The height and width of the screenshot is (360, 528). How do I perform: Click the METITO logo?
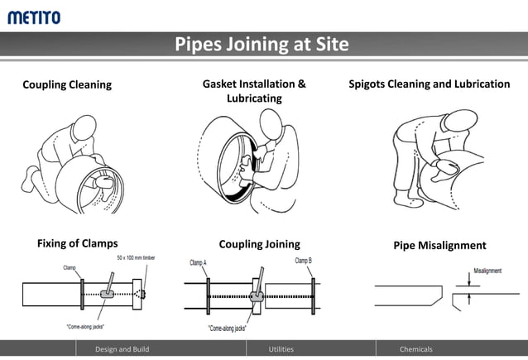tap(34, 16)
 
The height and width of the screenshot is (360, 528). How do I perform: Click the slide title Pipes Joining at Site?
tap(262, 44)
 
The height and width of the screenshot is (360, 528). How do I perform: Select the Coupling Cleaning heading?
tap(67, 84)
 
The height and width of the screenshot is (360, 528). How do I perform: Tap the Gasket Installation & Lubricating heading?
tap(254, 91)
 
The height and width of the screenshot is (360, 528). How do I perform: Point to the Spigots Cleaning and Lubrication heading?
tap(429, 84)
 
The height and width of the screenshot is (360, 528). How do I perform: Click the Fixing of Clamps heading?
tap(78, 243)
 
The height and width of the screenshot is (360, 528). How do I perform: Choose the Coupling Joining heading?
tap(259, 244)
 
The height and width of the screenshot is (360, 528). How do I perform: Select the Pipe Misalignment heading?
tap(439, 245)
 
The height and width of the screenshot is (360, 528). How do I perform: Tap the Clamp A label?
tap(198, 262)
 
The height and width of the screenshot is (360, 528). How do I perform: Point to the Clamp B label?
tap(304, 261)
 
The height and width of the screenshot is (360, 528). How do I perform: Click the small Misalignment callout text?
tap(487, 271)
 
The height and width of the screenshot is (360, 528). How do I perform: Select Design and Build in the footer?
tap(122, 349)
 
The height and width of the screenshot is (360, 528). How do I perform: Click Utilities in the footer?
tap(281, 349)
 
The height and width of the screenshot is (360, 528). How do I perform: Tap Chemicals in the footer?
tap(416, 349)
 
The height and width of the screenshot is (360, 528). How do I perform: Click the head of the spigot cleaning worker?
tap(456, 123)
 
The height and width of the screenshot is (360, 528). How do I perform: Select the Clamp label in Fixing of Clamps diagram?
tap(70, 267)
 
